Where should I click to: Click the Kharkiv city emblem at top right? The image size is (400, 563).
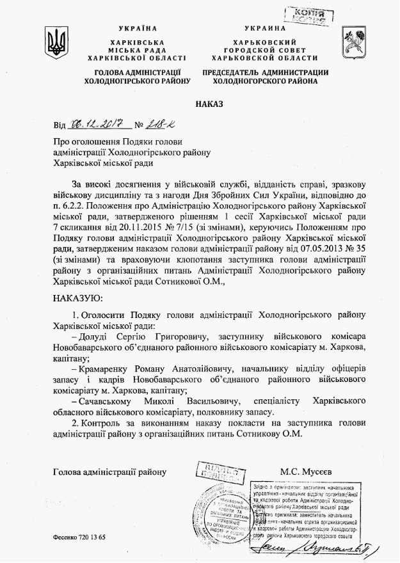353,42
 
